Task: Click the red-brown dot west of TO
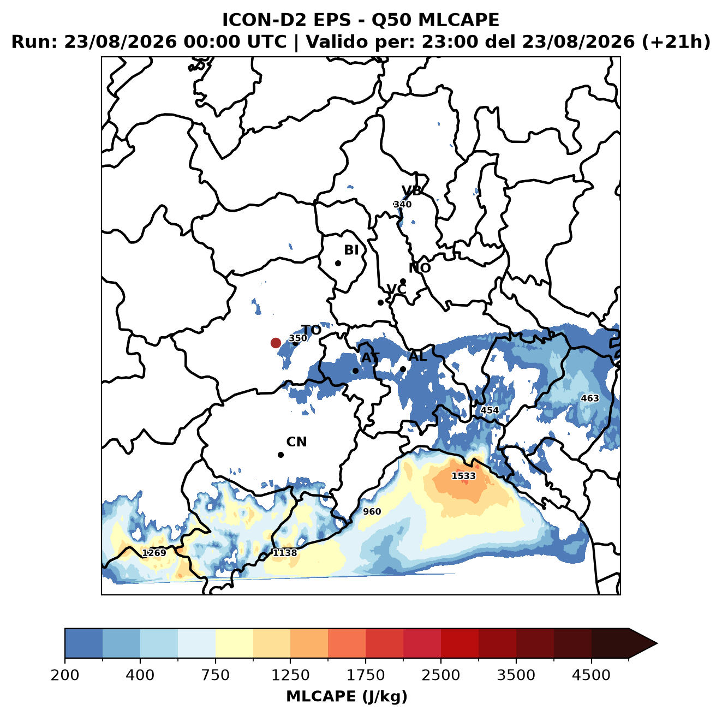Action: click(276, 343)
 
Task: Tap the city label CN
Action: click(296, 442)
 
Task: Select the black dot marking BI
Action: click(338, 264)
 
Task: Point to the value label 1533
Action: click(463, 476)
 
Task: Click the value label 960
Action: click(372, 511)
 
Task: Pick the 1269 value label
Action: click(154, 553)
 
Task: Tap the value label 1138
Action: click(285, 553)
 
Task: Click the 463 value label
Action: click(590, 398)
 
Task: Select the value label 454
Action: click(490, 410)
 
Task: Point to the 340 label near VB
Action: click(403, 205)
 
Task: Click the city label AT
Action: click(370, 358)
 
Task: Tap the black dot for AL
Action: click(403, 369)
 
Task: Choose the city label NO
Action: click(420, 268)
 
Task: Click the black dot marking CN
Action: click(281, 455)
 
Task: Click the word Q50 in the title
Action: click(391, 20)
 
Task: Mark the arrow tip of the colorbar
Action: click(657, 643)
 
